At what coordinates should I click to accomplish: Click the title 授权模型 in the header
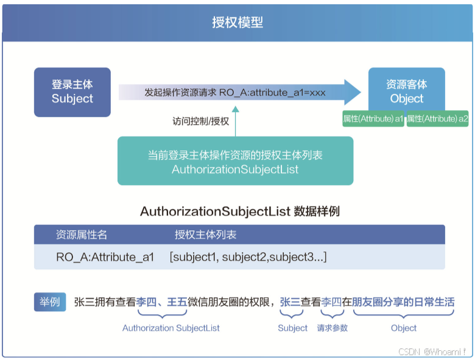tap(237, 23)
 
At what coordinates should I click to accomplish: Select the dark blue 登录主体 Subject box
tap(72, 92)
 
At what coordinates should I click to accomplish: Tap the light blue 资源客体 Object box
tap(407, 91)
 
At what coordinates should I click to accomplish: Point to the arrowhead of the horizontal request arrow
tap(351, 93)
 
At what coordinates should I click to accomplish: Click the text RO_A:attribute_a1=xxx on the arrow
tap(272, 93)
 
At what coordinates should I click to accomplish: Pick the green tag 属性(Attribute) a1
tap(373, 119)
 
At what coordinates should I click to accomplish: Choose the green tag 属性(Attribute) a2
tap(437, 119)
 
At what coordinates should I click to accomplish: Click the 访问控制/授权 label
tap(200, 121)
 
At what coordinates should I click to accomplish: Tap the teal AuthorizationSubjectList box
tap(235, 161)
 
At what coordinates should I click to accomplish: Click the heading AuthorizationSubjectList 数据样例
tap(240, 212)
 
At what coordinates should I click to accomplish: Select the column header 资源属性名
tap(82, 235)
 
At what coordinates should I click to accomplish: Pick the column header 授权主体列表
tap(206, 235)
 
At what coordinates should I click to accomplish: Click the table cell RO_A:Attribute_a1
tap(105, 257)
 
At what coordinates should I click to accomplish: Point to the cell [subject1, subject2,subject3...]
tap(248, 257)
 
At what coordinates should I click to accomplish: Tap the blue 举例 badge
tap(50, 302)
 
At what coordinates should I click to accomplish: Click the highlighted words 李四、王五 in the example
tap(162, 302)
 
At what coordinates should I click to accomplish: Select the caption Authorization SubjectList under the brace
tap(171, 328)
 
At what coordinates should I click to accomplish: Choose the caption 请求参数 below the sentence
tap(332, 328)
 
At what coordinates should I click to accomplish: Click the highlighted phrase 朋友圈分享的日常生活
tap(403, 302)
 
